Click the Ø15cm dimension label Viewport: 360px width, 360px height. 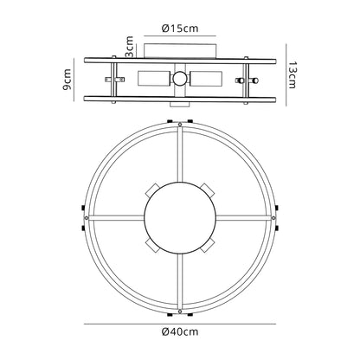pyautogui.click(x=180, y=29)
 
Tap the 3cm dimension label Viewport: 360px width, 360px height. pyautogui.click(x=130, y=47)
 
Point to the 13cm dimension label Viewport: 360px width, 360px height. pyautogui.click(x=292, y=74)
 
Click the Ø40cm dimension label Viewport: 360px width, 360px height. pyautogui.click(x=180, y=332)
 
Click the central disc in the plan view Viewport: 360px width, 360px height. pyautogui.click(x=180, y=218)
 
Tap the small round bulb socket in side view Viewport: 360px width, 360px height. pyautogui.click(x=180, y=79)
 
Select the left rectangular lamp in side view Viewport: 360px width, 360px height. pyautogui.click(x=153, y=79)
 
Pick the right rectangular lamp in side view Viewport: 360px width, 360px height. pyautogui.click(x=207, y=79)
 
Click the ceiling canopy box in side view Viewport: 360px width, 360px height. pyautogui.click(x=180, y=51)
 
